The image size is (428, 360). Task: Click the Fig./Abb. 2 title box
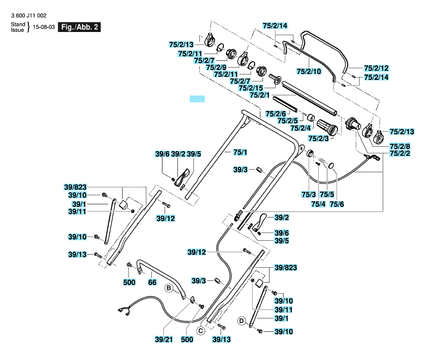[x=79, y=27]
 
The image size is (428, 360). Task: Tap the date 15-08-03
[x=44, y=27]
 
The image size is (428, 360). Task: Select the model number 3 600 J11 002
[x=29, y=16]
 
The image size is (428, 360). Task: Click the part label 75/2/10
[x=309, y=71]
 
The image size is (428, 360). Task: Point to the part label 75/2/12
[x=376, y=68]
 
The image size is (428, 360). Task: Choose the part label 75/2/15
[x=251, y=88]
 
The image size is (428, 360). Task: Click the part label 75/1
[x=240, y=152]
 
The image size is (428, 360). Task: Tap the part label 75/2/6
[x=276, y=114]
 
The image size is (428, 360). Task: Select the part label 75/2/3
[x=318, y=138]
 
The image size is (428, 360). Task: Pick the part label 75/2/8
[x=400, y=146]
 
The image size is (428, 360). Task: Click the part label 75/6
[x=337, y=204]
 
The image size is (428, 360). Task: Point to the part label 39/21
[x=164, y=339]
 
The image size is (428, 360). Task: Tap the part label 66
[x=152, y=282]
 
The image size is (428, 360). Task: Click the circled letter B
[x=169, y=288]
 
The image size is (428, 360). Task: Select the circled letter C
[x=201, y=331]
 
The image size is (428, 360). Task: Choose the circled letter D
[x=241, y=321]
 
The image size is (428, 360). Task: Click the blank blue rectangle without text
[x=197, y=99]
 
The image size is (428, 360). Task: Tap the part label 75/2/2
[x=400, y=153]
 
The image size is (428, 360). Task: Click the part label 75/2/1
[x=259, y=95]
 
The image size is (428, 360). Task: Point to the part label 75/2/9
[x=216, y=67]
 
